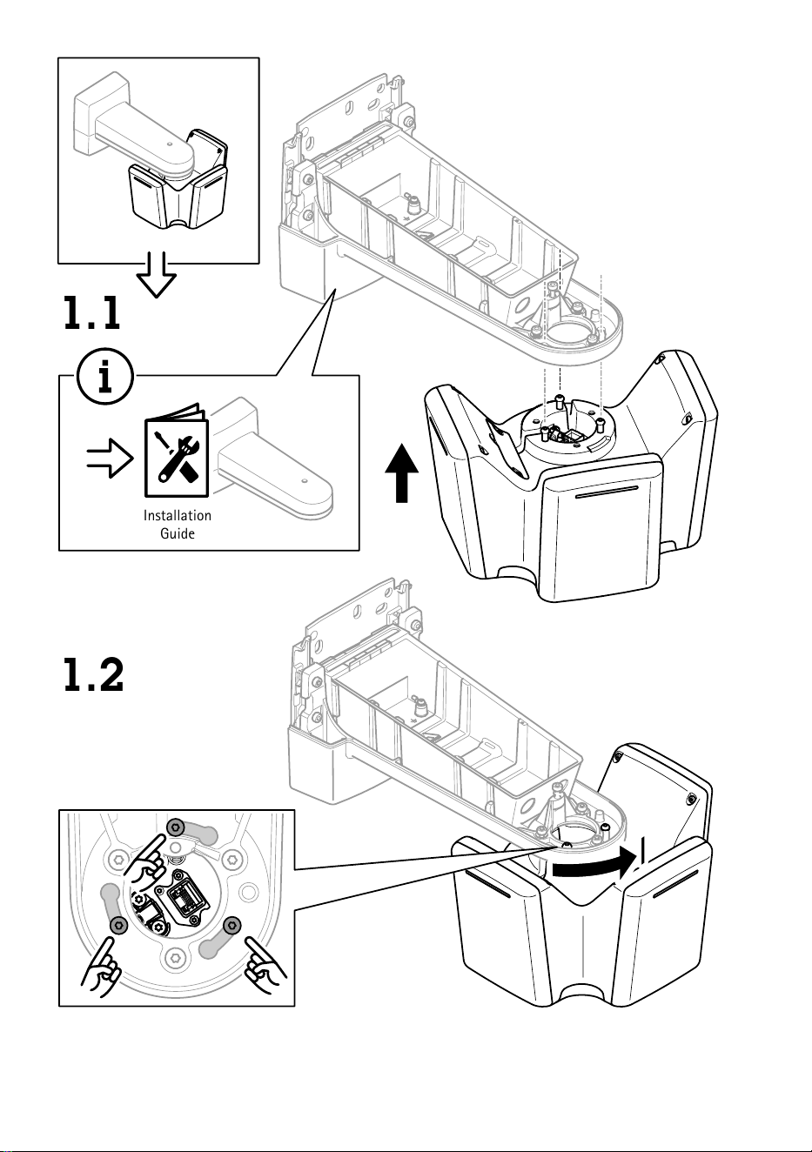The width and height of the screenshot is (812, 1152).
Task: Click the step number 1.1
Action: click(91, 312)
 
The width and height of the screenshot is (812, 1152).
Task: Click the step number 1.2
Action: click(93, 674)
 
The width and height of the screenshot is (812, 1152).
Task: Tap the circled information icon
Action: click(105, 377)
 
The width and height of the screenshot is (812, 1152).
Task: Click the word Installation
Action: click(177, 515)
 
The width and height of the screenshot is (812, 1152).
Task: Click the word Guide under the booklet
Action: click(177, 533)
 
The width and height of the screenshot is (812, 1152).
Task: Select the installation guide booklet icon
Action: click(177, 451)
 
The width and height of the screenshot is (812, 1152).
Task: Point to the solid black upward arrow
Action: click(402, 472)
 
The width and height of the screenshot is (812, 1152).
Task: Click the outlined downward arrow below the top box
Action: click(157, 274)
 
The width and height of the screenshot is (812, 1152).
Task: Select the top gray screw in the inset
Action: click(176, 827)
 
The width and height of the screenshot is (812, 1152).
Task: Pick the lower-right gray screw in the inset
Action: click(232, 925)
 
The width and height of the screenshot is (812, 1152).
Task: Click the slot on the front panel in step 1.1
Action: click(606, 492)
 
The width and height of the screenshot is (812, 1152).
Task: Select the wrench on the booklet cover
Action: click(176, 457)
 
